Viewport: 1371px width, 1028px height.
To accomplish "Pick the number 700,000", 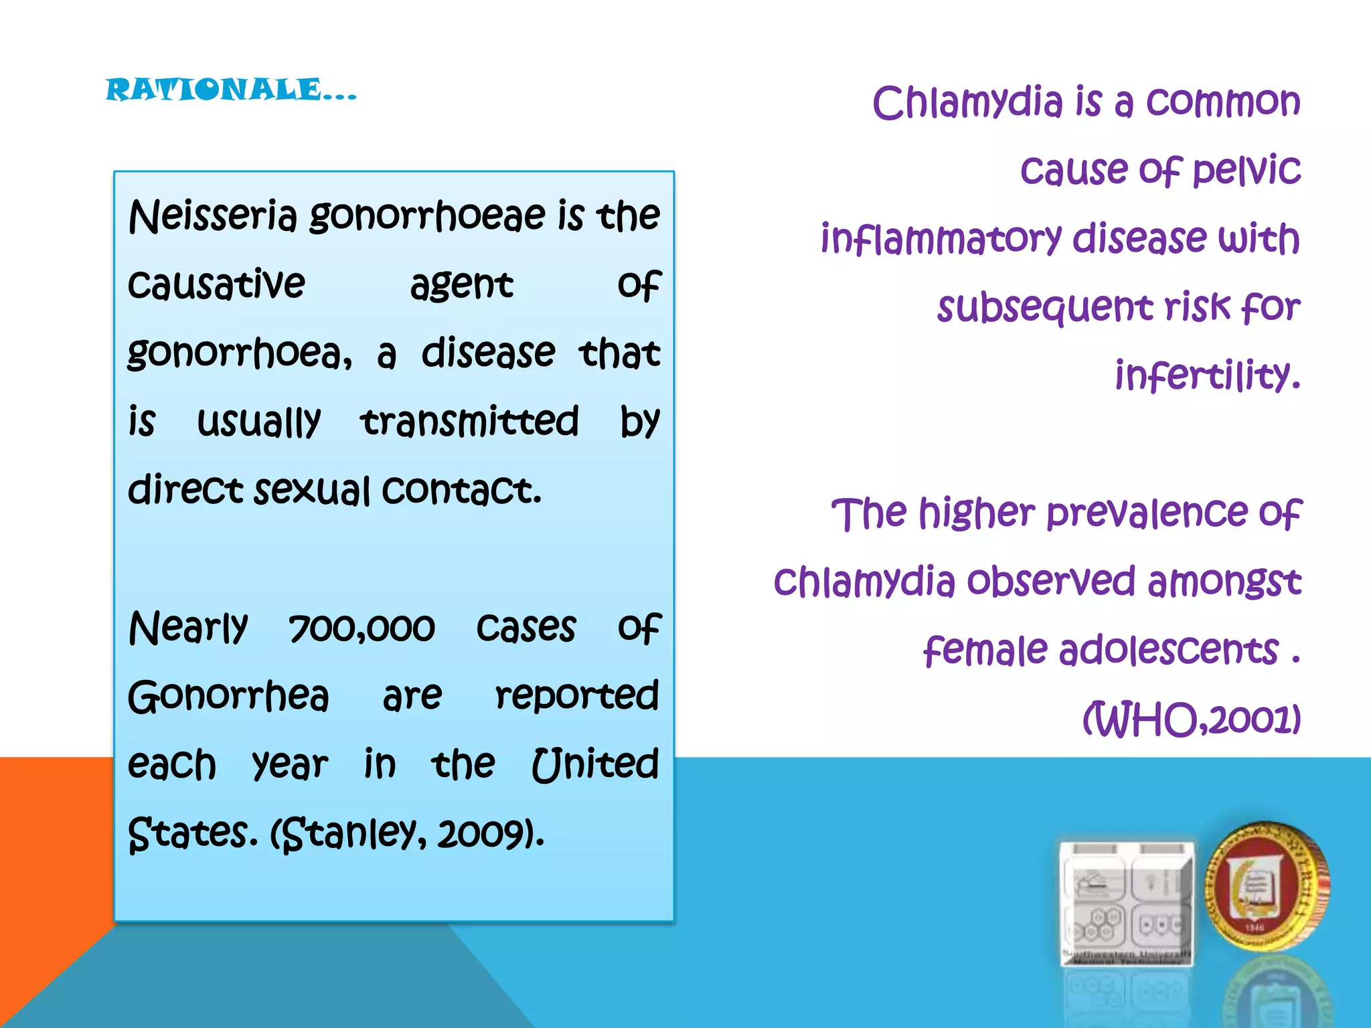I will [361, 628].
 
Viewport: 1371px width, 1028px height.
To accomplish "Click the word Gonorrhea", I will [228, 697].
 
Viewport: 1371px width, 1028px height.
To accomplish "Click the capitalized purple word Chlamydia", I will [967, 104].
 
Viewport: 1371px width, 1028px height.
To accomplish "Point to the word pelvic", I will [1246, 171].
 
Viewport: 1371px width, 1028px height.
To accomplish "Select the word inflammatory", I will [941, 240].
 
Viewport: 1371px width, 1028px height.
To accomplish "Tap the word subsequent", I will [1044, 309].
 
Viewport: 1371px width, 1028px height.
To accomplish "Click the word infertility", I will [1207, 375].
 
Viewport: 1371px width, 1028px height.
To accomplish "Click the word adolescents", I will [1168, 651].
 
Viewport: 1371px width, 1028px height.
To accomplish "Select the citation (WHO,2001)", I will [1192, 719].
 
